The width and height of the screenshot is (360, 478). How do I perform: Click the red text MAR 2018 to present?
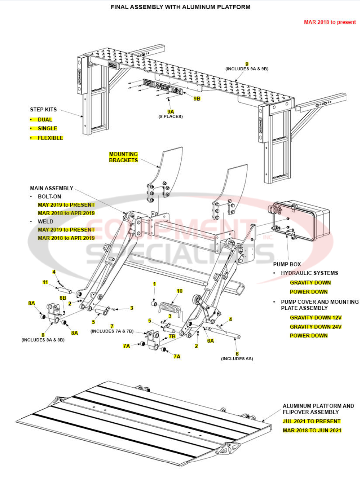(x=330, y=22)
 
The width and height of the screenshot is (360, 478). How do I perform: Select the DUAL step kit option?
(x=45, y=119)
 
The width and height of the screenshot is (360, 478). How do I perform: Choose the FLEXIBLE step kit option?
(x=50, y=138)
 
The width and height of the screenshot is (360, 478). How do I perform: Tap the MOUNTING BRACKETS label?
(x=123, y=157)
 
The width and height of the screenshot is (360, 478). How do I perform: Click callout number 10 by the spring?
(x=179, y=291)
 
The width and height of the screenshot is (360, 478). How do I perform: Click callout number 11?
(x=45, y=282)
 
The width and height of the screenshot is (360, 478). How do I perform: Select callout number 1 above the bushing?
(x=155, y=284)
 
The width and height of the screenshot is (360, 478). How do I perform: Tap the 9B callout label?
(x=197, y=99)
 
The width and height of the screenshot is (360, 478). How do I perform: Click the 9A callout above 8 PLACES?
(x=170, y=111)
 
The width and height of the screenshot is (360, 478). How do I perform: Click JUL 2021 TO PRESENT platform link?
(x=312, y=421)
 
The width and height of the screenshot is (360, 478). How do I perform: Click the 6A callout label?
(x=210, y=341)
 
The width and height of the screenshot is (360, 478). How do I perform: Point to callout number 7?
(x=112, y=326)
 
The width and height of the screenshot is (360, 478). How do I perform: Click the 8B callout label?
(x=63, y=297)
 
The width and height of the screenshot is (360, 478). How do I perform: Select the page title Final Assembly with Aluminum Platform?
(x=180, y=7)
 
